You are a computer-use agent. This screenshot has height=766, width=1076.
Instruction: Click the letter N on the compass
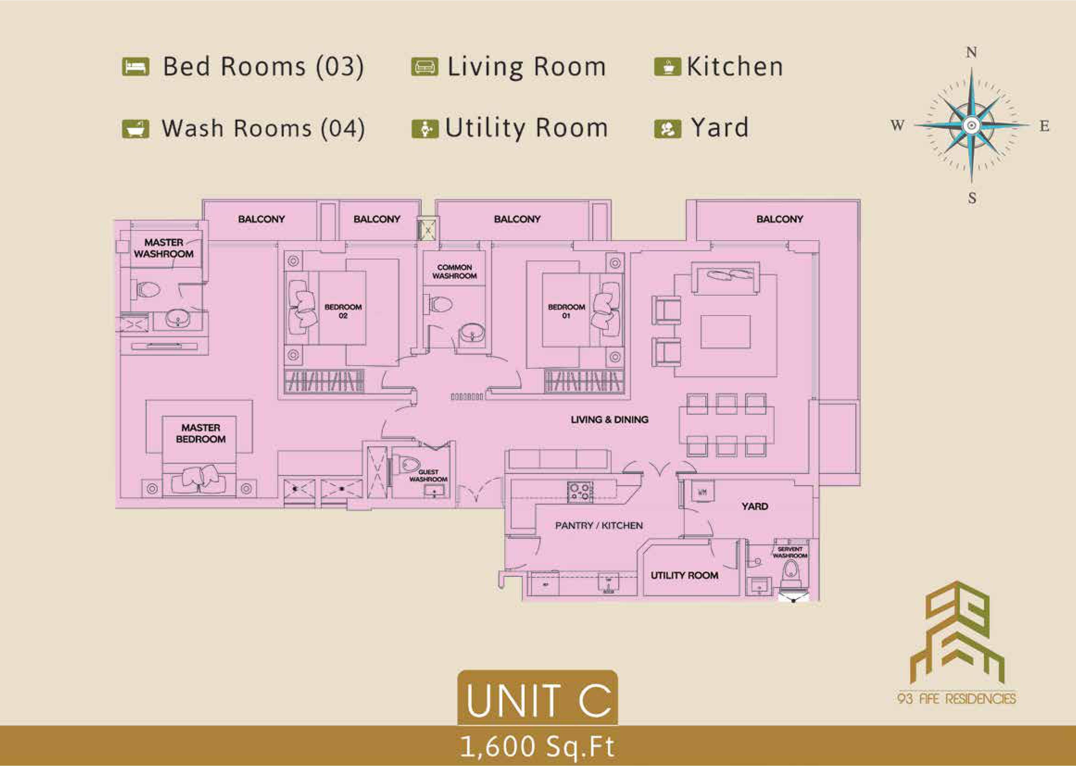coord(971,52)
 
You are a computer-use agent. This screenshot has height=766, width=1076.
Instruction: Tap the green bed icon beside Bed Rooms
coord(136,66)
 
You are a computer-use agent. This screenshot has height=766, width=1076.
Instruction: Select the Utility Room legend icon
coord(425,128)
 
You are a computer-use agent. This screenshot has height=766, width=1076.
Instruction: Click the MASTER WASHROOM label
coord(164,248)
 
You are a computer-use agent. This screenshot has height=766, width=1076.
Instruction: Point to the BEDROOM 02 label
coord(343,311)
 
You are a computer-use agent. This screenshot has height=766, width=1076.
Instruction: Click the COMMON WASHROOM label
coord(454,271)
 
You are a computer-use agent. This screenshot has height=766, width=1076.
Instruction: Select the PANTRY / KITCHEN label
coord(599,526)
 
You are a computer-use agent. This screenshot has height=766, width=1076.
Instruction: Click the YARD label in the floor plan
coord(755,506)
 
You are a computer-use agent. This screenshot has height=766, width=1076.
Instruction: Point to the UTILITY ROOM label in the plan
coord(684,576)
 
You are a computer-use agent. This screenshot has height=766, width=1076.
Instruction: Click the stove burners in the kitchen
coord(580,492)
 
